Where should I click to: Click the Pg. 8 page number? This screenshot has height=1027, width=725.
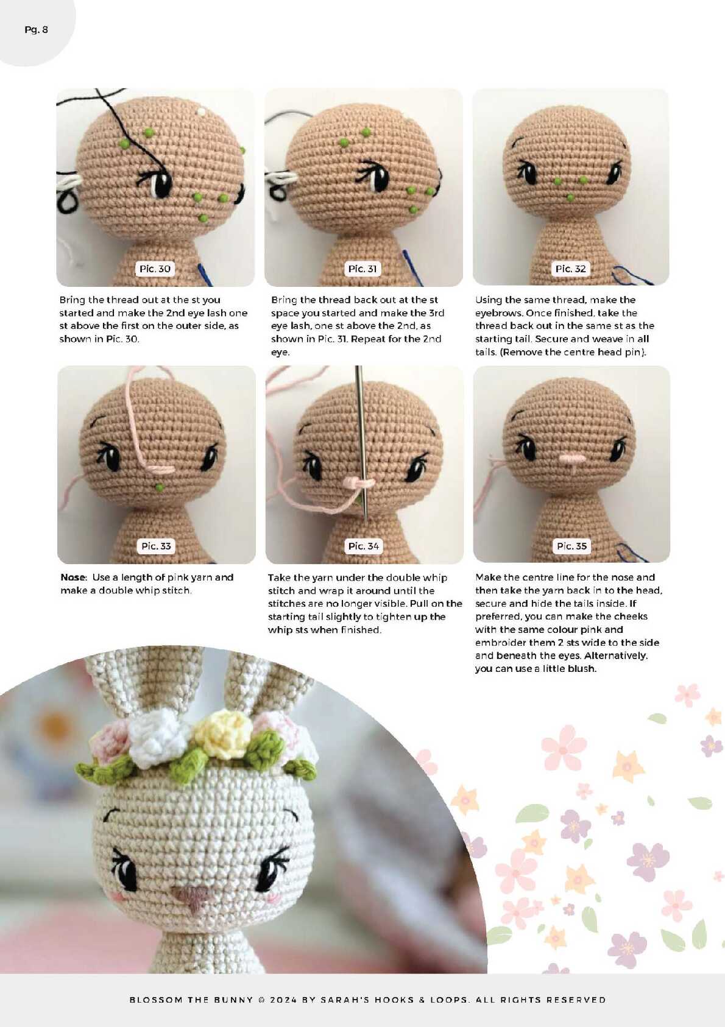(36, 30)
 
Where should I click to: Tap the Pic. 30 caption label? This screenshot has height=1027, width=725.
(155, 269)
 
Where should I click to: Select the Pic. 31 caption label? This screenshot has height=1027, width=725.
(362, 269)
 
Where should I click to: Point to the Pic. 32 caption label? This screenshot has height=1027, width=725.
(570, 269)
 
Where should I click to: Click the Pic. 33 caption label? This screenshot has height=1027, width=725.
(156, 546)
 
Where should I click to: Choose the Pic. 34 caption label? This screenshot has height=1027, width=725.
(364, 546)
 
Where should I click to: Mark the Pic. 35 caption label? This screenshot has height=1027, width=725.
(571, 546)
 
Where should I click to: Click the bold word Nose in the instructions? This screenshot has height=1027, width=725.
(73, 577)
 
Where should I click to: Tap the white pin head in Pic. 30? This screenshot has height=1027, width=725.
(201, 111)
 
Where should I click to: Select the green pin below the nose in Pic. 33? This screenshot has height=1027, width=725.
(160, 487)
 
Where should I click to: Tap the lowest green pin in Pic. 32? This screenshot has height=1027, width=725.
(570, 198)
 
